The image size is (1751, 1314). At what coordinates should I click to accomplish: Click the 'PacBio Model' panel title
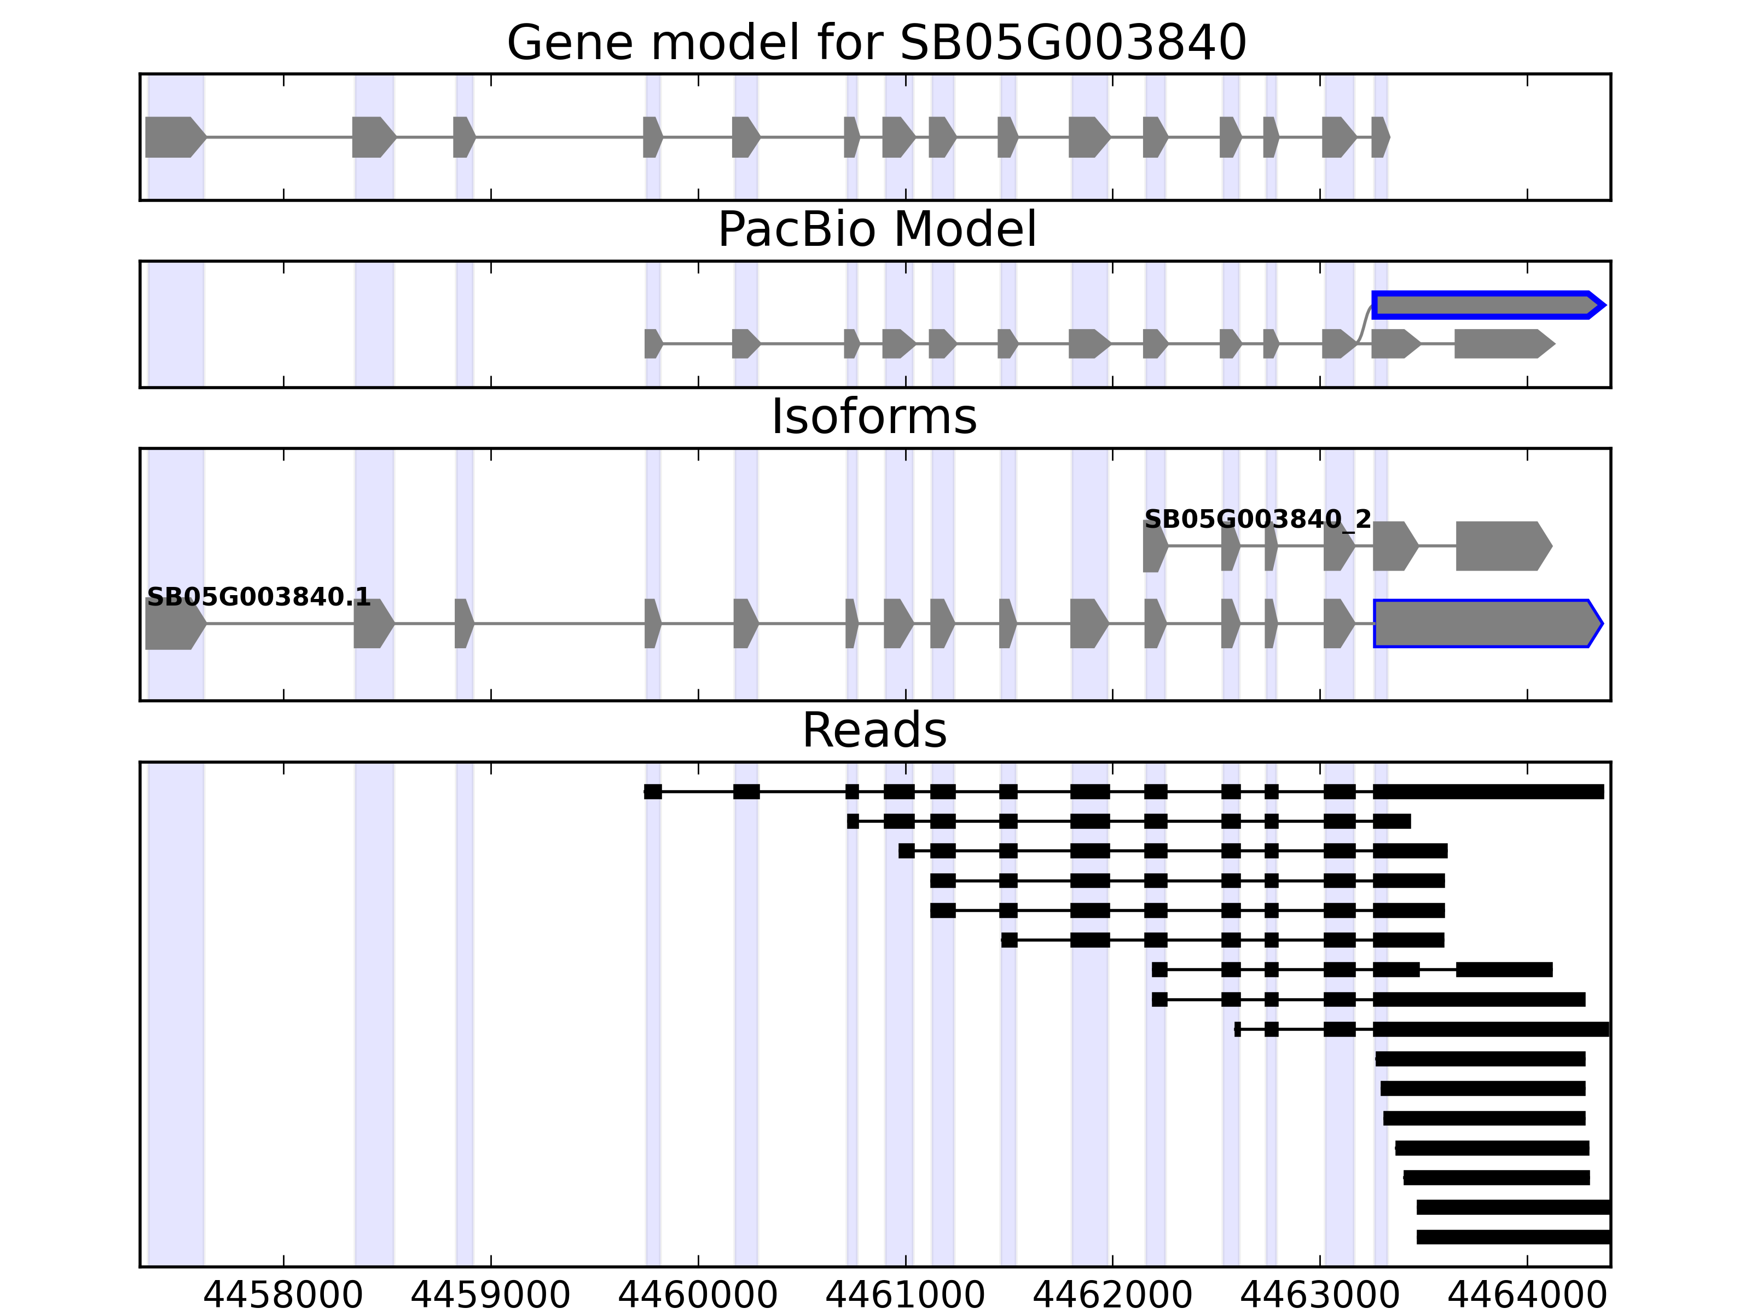pyautogui.click(x=876, y=230)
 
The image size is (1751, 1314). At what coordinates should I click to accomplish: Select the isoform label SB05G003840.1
pyautogui.click(x=259, y=597)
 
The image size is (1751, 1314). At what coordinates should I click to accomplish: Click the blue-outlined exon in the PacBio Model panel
pyautogui.click(x=1487, y=305)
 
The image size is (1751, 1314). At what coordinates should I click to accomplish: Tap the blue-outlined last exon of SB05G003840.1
pyautogui.click(x=1487, y=624)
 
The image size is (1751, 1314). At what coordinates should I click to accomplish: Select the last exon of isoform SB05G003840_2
pyautogui.click(x=1503, y=546)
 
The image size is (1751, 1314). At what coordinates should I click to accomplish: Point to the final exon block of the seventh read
pyautogui.click(x=1504, y=970)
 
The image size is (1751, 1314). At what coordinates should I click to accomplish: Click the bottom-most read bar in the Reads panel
pyautogui.click(x=1513, y=1236)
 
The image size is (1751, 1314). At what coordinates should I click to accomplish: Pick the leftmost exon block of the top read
pyautogui.click(x=652, y=791)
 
